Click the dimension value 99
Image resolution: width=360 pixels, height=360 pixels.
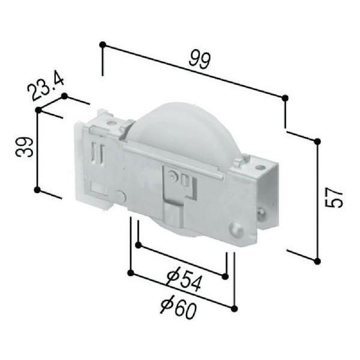(199, 60)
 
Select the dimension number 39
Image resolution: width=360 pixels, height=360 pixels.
(25, 147)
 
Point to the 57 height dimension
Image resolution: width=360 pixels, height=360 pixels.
(334, 197)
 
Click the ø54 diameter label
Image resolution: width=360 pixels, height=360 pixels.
(184, 281)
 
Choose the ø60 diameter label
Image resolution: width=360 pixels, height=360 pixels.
(178, 308)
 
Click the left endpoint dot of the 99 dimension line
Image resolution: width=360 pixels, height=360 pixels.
(103, 44)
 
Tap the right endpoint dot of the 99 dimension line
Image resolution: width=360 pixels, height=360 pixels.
(285, 98)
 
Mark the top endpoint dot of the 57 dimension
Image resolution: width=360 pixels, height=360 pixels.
(317, 142)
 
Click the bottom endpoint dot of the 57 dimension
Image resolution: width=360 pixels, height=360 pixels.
(317, 261)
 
